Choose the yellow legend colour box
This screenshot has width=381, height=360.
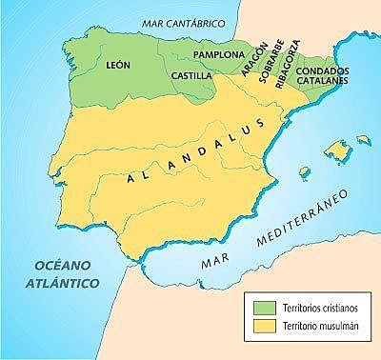pos(261,327)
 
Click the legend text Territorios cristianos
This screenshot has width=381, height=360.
pos(316,306)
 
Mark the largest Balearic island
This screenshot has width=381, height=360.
pos(334,149)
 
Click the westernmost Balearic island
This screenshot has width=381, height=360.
pos(305,172)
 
